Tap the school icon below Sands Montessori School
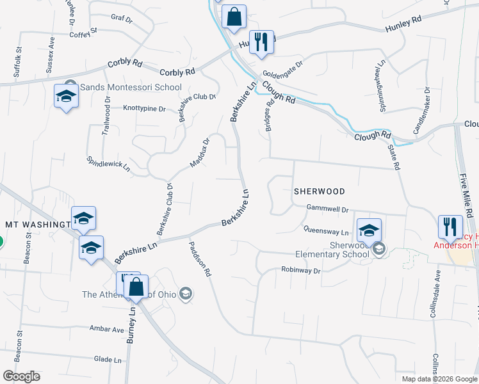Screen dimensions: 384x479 pos(66,97)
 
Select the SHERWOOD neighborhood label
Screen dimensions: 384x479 pos(319,191)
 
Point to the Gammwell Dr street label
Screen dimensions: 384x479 pos(327,209)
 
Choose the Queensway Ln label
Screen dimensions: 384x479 pos(326,231)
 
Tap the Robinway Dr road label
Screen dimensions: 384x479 pos(300,271)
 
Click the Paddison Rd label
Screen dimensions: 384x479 pos(200,258)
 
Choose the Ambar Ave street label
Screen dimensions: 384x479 pos(107,329)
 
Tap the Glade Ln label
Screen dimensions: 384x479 pos(107,360)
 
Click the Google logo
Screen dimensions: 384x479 pos(21,376)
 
